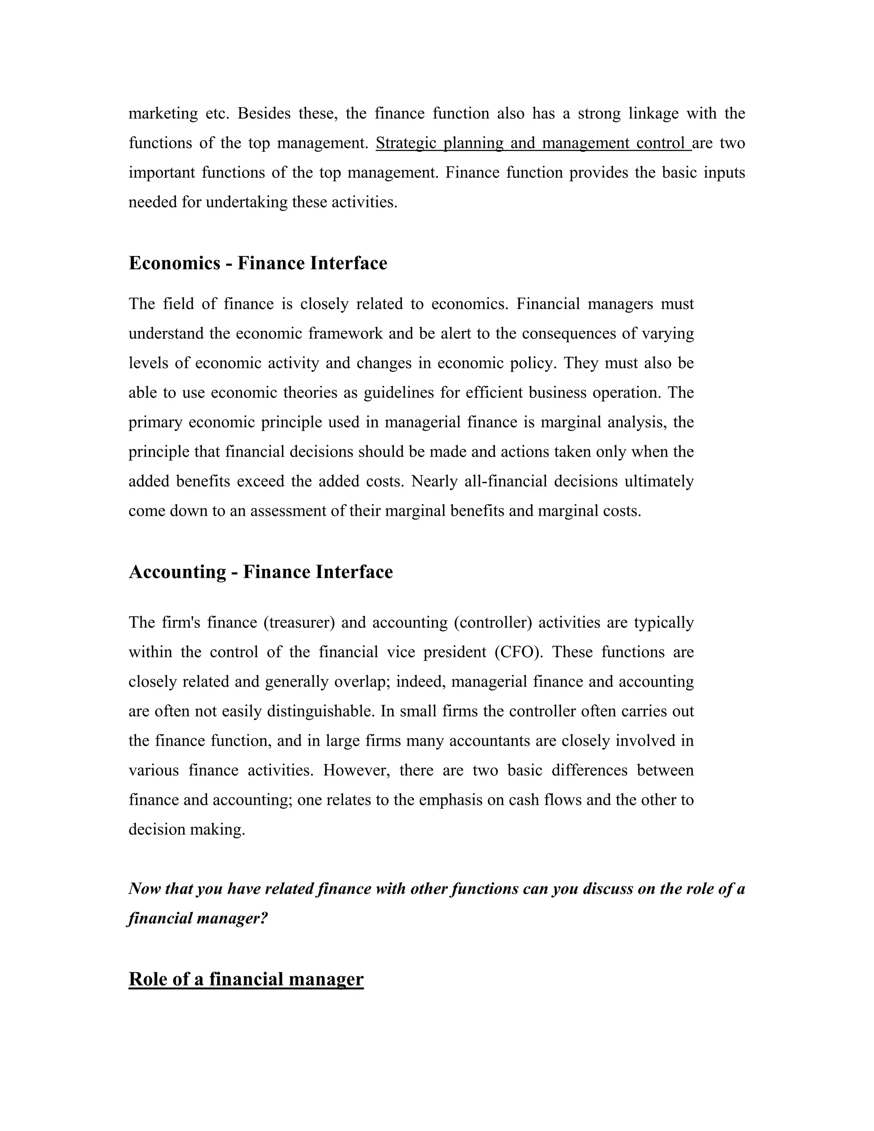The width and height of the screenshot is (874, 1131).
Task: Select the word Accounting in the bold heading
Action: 177,572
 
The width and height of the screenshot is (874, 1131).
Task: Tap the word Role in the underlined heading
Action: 150,979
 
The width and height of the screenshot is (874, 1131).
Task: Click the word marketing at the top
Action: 163,114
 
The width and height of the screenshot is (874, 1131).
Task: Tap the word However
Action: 357,770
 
